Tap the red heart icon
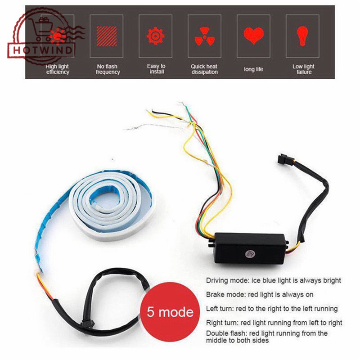[253, 35]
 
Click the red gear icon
[156, 35]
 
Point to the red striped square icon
[106, 35]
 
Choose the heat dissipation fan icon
[204, 35]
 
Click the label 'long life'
[253, 69]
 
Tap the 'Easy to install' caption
[156, 69]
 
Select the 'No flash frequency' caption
[108, 69]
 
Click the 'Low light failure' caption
[304, 69]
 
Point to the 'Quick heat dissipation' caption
[204, 69]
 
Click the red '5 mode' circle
[171, 311]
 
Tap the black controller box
[250, 248]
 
